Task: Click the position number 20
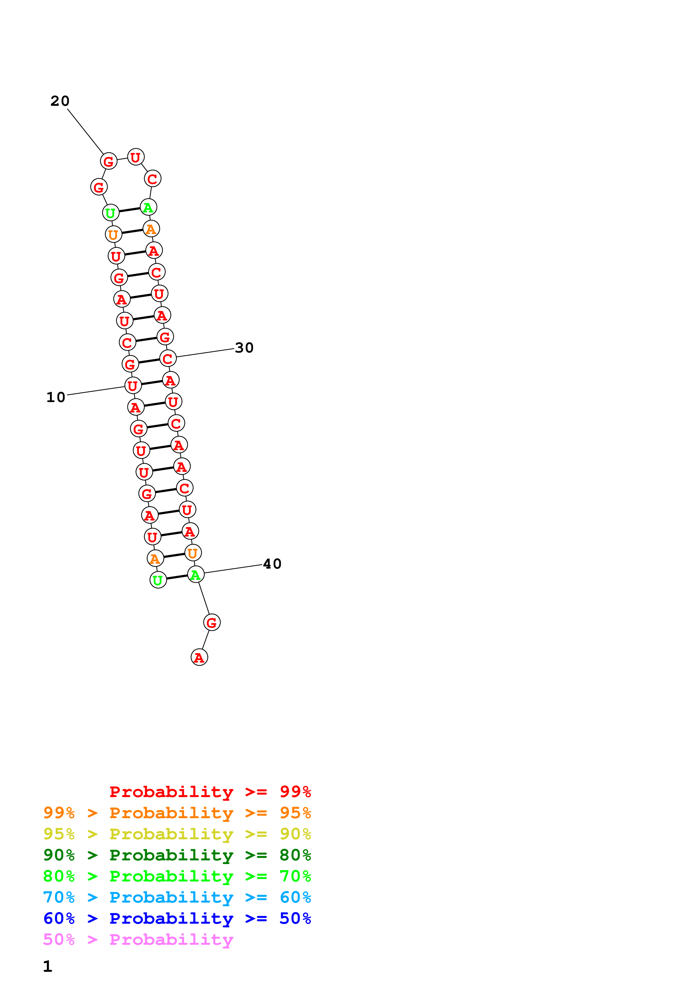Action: tap(60, 101)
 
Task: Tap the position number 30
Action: tap(244, 348)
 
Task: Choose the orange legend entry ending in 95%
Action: tap(177, 813)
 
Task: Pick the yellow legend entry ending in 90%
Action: tap(177, 834)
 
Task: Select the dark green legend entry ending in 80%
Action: tap(177, 855)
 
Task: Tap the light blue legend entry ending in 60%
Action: tap(177, 897)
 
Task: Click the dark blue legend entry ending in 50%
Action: tap(177, 918)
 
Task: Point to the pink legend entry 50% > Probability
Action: tap(138, 939)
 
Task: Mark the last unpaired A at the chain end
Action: tap(199, 657)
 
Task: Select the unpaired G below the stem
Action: tap(211, 622)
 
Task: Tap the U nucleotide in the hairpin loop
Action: tap(135, 157)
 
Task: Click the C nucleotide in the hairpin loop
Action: tap(152, 179)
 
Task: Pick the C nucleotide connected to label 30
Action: tap(168, 358)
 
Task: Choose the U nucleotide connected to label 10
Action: tap(133, 386)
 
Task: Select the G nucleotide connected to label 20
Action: tap(108, 161)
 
